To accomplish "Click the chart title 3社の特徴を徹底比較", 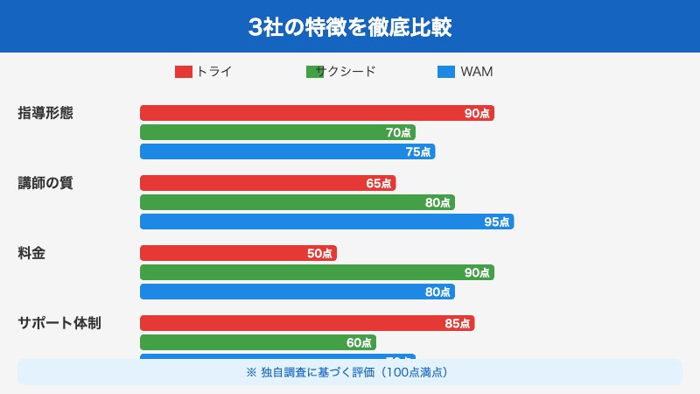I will [x=350, y=26].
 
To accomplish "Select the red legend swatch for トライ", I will [x=184, y=72].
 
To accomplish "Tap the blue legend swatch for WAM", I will [x=445, y=72].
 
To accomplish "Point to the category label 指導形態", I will [x=45, y=113].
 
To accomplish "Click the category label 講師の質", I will [x=45, y=183].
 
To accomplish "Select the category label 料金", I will [x=31, y=253].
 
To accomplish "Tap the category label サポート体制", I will [x=59, y=323].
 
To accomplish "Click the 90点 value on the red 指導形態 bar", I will [x=477, y=113].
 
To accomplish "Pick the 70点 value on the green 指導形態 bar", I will [x=398, y=132].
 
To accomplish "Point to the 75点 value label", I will [x=417, y=151].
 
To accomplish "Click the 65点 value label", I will [x=379, y=183].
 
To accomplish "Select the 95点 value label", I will [x=496, y=222].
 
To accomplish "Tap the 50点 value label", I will [x=319, y=253].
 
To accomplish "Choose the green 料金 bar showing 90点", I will [x=317, y=272].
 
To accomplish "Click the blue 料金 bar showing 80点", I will [x=297, y=292].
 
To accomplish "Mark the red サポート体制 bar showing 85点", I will [x=307, y=323].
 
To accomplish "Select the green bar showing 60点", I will [x=258, y=342].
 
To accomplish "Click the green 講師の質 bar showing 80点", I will [x=297, y=202].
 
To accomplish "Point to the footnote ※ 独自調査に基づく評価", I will [x=350, y=372].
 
